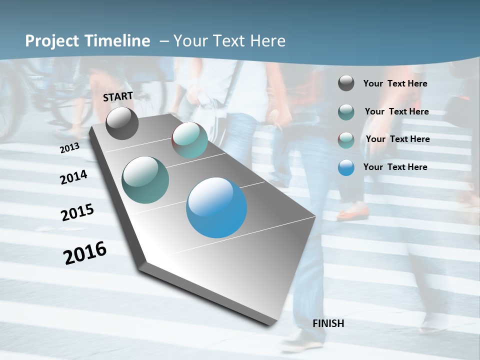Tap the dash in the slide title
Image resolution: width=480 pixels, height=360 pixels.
163,41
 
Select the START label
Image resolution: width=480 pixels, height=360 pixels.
118,96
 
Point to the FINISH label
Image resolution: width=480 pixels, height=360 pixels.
328,323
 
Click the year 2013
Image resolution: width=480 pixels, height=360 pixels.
69,148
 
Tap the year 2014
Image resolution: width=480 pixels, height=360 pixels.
74,177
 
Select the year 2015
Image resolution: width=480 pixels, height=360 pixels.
77,212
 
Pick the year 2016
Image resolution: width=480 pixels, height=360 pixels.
85,253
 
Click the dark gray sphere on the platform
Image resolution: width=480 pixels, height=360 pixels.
122,123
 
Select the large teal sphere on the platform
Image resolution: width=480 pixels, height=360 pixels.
145,180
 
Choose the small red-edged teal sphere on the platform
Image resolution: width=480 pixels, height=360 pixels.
189,140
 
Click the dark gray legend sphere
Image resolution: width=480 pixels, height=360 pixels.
346,83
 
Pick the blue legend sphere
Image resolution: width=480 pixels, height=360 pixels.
346,167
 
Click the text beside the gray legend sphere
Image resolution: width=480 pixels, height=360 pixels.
395,83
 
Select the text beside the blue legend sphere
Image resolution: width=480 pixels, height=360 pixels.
395,167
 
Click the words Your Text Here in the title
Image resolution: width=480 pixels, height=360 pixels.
229,41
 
